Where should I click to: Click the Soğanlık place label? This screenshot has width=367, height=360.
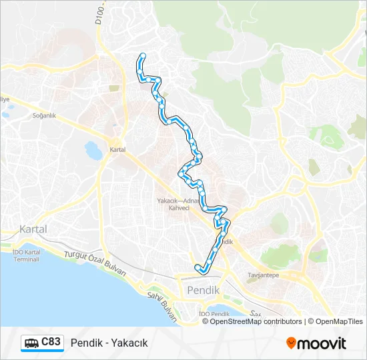[x=43, y=115]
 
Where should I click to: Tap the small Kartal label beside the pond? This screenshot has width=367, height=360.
[x=117, y=150]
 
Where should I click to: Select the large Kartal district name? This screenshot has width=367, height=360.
[x=33, y=229]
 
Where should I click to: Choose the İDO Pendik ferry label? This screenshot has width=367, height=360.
[x=214, y=313]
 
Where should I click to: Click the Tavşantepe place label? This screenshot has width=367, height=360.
[x=262, y=275]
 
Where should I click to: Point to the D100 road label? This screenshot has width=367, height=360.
[x=101, y=15]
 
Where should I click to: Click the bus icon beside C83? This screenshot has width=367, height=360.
[x=31, y=343]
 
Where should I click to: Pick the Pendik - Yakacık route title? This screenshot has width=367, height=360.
[x=109, y=343]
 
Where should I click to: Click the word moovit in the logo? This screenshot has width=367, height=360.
[x=322, y=343]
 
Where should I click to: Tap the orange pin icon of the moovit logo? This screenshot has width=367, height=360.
[x=291, y=343]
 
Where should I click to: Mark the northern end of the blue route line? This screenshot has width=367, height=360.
[x=143, y=55]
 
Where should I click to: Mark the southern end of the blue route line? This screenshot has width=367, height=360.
[x=198, y=268]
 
